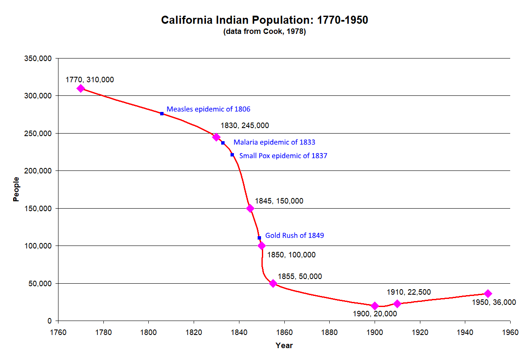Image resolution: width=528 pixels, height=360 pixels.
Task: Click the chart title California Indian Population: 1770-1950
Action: pyautogui.click(x=264, y=20)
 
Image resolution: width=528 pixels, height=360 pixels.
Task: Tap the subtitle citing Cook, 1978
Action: pyautogui.click(x=264, y=32)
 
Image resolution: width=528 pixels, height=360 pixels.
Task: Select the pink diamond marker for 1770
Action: pyautogui.click(x=81, y=88)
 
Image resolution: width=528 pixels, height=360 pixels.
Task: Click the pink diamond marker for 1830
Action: pyautogui.click(x=216, y=137)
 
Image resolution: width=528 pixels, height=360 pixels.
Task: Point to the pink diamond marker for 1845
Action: pyautogui.click(x=250, y=208)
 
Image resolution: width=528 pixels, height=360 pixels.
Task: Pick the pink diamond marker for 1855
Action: pyautogui.click(x=273, y=283)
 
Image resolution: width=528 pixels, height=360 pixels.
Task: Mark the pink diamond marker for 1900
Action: pyautogui.click(x=375, y=306)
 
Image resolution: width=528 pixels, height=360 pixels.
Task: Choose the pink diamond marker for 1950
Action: pyautogui.click(x=488, y=293)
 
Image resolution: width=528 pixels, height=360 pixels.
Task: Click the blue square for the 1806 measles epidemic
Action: pyautogui.click(x=162, y=114)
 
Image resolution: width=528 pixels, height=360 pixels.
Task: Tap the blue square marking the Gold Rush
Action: pyautogui.click(x=259, y=238)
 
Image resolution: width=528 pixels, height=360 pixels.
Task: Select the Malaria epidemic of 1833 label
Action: pyautogui.click(x=274, y=142)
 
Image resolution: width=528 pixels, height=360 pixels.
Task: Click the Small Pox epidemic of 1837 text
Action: pyautogui.click(x=283, y=156)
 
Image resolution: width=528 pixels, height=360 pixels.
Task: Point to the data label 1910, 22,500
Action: pyautogui.click(x=409, y=292)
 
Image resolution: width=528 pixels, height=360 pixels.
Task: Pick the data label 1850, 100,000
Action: pyautogui.click(x=291, y=255)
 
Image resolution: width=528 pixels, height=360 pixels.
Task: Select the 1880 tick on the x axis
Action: pyautogui.click(x=329, y=332)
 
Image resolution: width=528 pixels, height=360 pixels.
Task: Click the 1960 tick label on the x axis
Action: pyautogui.click(x=510, y=332)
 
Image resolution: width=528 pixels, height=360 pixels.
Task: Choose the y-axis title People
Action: pyautogui.click(x=16, y=189)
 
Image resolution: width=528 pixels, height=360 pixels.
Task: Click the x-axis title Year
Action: pyautogui.click(x=284, y=346)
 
